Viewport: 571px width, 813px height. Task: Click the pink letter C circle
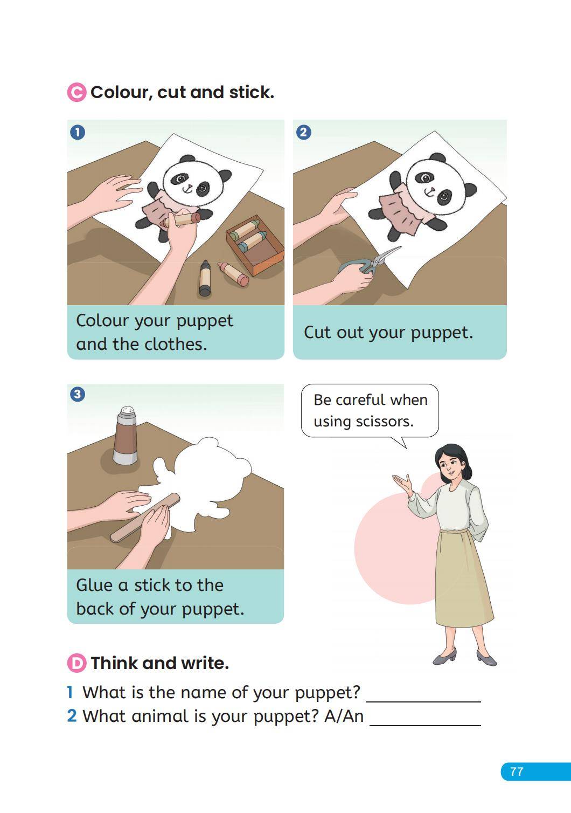(76, 92)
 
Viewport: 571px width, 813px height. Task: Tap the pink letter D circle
(76, 663)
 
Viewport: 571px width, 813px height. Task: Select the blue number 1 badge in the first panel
(78, 132)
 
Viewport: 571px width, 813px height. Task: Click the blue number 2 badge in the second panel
(303, 132)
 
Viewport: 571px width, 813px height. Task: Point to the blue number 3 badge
(78, 394)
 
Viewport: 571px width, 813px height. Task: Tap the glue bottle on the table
(126, 436)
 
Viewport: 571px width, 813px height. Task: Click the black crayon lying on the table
(205, 278)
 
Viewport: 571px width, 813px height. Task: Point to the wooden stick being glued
(145, 517)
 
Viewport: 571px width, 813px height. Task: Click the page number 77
(517, 771)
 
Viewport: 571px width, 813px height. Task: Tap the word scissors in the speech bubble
(385, 422)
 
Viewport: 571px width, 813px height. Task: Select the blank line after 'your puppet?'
(423, 701)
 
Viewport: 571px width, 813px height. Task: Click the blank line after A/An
(425, 725)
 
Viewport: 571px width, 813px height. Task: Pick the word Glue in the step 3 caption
(94, 585)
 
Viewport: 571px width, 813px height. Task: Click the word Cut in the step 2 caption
(317, 332)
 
